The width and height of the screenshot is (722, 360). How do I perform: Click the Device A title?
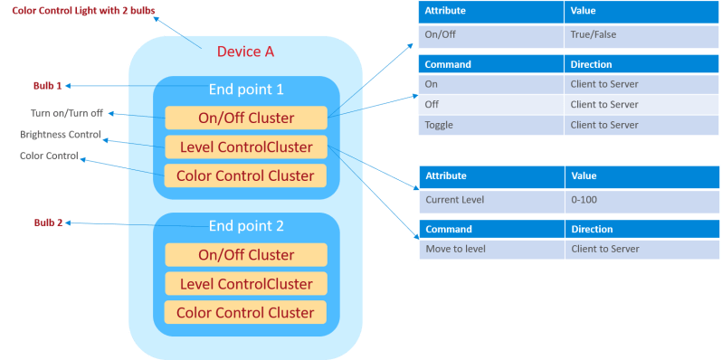coord(245,52)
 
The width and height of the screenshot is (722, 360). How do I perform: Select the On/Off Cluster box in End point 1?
coord(245,118)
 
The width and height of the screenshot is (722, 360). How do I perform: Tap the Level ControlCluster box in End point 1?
coord(245,147)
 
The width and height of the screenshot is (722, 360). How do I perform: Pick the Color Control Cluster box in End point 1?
coord(245,175)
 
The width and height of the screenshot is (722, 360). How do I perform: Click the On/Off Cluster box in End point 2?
coord(245,254)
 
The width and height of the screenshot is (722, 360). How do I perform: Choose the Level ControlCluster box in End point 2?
coord(245,283)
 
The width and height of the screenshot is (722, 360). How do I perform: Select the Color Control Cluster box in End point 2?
coord(245,312)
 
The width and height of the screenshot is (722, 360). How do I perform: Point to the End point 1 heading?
coord(246,90)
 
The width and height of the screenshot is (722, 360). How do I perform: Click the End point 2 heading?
coord(246,226)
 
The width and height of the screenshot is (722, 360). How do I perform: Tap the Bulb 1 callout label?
coord(48,86)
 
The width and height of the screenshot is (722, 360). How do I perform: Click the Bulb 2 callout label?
coord(48,223)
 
